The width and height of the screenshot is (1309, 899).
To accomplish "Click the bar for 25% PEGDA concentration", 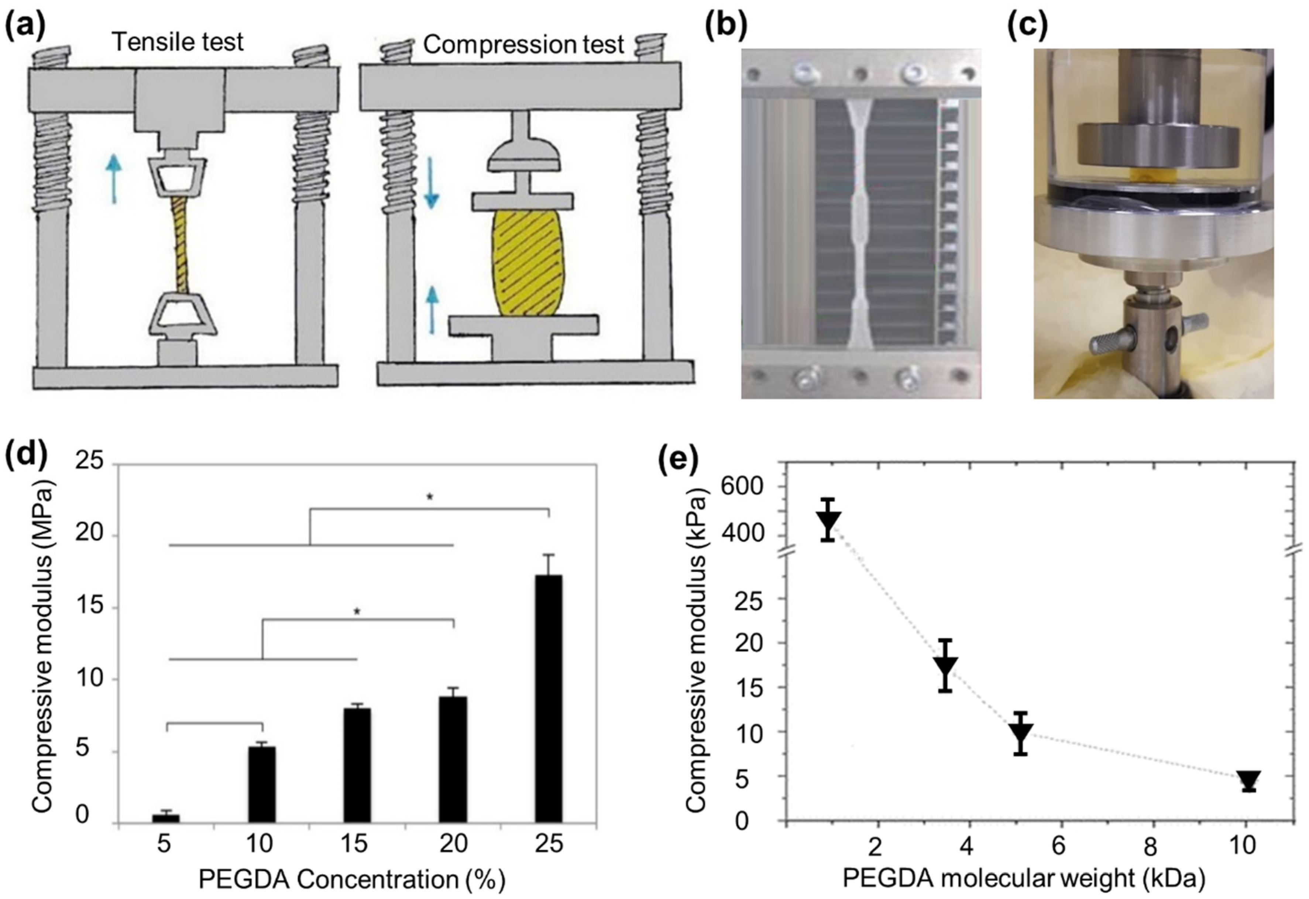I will pyautogui.click(x=548, y=699).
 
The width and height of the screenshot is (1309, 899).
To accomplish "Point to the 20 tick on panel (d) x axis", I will pyautogui.click(x=453, y=844).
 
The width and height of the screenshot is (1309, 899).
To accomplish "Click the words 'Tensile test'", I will pyautogui.click(x=178, y=42).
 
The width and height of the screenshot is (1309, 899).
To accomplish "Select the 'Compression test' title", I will pyautogui.click(x=523, y=44).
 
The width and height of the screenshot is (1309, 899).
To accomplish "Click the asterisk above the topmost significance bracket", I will pyautogui.click(x=430, y=497).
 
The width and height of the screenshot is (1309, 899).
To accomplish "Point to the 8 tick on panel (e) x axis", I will pyautogui.click(x=1153, y=846).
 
